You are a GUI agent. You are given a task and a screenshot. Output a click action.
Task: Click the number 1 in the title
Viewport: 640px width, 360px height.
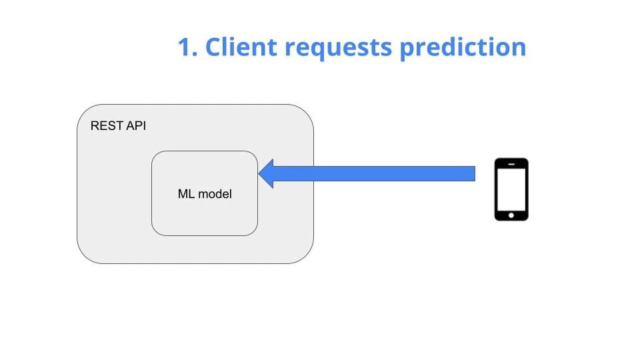click(x=186, y=47)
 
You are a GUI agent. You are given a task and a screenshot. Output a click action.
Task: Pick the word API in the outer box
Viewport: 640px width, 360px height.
click(x=135, y=125)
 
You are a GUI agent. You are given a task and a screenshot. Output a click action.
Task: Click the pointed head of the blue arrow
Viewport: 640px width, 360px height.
click(x=262, y=173)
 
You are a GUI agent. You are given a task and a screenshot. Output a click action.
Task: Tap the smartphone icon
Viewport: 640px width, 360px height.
click(x=511, y=189)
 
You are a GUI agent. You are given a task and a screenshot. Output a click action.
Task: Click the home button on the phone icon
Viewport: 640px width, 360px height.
click(x=511, y=215)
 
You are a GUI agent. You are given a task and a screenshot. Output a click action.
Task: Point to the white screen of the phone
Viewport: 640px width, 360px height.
click(x=511, y=189)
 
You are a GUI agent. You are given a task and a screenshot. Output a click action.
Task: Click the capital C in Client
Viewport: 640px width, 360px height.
click(x=213, y=47)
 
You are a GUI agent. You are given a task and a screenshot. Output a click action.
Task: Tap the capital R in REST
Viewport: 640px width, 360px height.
click(x=95, y=125)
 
